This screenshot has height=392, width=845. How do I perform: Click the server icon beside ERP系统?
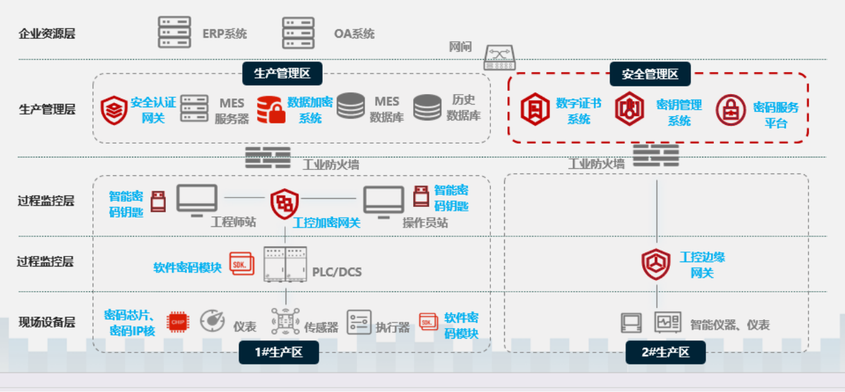174,33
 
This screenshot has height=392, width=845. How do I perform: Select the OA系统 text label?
354,33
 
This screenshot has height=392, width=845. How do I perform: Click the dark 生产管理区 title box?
282,73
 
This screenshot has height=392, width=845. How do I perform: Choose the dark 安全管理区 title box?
650,74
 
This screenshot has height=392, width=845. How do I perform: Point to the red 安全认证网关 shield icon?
114,110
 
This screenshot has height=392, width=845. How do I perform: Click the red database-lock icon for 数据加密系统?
271,109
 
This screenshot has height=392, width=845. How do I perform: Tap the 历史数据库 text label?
463,107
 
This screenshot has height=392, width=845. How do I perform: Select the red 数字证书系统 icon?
535,109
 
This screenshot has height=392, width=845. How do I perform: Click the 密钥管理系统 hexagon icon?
629,109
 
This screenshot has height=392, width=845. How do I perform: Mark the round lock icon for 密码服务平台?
731,110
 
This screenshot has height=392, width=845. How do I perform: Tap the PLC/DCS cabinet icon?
285,264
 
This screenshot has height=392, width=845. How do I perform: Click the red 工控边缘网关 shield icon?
656,264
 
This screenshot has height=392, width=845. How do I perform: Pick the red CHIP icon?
176,322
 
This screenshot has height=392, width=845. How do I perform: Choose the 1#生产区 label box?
279,352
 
